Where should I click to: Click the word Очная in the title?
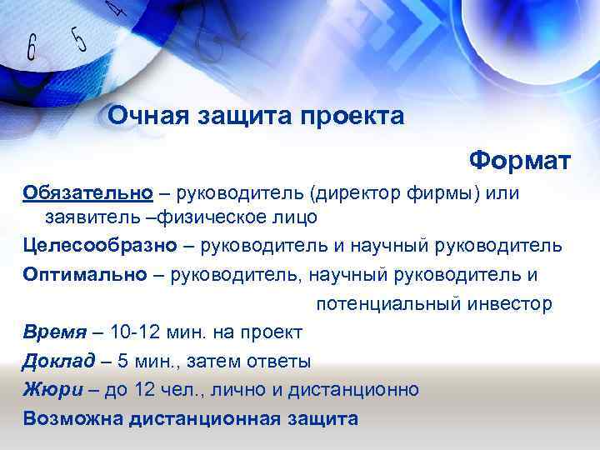coord(147,116)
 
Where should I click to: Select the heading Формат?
coord(519,157)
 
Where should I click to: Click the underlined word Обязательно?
coord(88,193)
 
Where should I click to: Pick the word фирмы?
coord(449,193)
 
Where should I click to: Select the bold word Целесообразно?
coord(101,246)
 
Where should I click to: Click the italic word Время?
coord(55,332)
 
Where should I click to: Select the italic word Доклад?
coord(58,361)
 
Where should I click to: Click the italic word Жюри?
coord(50,389)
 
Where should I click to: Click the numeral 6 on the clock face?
coord(31,47)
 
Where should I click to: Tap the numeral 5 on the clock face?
coord(79,37)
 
